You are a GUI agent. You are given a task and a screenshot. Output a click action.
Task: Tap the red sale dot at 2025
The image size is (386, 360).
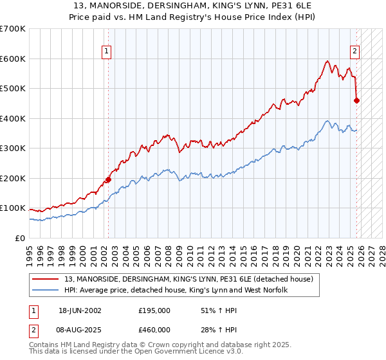(x=357, y=100)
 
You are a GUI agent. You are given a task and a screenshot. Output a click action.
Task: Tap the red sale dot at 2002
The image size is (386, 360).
(x=108, y=180)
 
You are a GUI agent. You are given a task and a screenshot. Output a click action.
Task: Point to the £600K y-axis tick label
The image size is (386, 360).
(x=12, y=59)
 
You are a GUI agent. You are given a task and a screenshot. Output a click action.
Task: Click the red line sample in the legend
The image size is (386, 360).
(x=46, y=279)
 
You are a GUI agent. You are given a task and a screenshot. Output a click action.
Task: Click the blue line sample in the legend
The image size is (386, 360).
(x=46, y=291)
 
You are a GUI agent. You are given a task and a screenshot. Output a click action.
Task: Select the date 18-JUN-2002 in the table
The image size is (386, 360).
(x=80, y=310)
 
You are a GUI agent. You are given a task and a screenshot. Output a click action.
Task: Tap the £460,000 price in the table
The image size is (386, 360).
(x=154, y=330)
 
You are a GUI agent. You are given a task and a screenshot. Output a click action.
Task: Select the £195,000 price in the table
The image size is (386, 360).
(x=154, y=310)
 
